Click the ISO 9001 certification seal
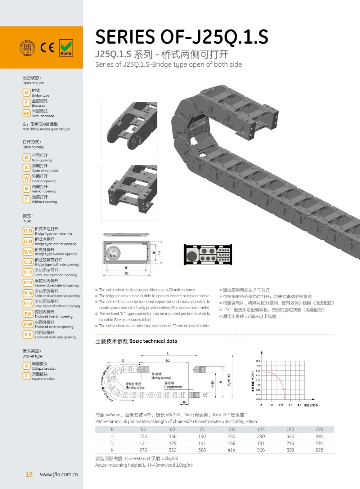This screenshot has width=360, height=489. pyautogui.click(x=27, y=48)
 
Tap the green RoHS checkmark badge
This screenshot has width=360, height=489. pyautogui.click(x=66, y=48)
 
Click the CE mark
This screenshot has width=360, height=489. pyautogui.click(x=47, y=48)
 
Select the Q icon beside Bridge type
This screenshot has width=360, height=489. pyautogui.click(x=26, y=93)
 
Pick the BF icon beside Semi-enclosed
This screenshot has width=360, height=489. pyautogui.click(x=26, y=113)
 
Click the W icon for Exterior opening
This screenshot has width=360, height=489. pyautogui.click(x=26, y=178)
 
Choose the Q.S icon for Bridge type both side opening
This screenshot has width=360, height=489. pyautogui.click(x=28, y=262)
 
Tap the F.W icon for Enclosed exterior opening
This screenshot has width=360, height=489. pyautogui.click(x=28, y=324)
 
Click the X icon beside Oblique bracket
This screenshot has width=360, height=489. pyautogui.click(x=26, y=366)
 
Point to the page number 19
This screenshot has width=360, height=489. pyautogui.click(x=29, y=475)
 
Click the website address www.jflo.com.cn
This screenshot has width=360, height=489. pyautogui.click(x=59, y=475)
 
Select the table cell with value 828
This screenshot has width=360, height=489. pyautogui.click(x=319, y=450)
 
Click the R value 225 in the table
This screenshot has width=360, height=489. pyautogui.click(x=319, y=430)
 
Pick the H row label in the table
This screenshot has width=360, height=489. pyautogui.click(x=112, y=436)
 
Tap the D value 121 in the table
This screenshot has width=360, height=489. pyautogui.click(x=143, y=443)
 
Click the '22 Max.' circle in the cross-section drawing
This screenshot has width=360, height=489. pyautogui.click(x=113, y=253)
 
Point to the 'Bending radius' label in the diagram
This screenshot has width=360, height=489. pyautogui.click(x=135, y=388)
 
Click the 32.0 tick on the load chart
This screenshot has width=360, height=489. pyautogui.click(x=258, y=361)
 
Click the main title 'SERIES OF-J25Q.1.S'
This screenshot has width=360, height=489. pyautogui.click(x=182, y=37)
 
